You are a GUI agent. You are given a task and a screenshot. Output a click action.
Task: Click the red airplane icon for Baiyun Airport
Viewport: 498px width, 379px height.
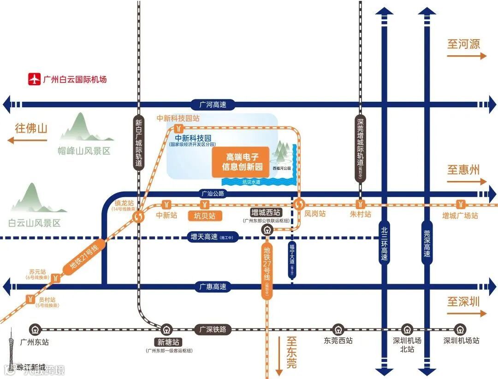34,79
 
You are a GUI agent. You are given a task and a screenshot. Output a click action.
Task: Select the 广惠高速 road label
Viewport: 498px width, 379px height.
213,286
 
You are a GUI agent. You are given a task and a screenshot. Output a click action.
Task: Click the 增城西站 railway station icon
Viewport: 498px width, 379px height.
267,229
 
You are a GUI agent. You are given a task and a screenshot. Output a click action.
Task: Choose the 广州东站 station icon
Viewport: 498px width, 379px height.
35,330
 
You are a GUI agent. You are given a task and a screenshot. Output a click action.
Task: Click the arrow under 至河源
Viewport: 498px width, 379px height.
467,56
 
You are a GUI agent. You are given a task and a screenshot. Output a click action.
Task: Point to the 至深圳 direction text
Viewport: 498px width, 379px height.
463,302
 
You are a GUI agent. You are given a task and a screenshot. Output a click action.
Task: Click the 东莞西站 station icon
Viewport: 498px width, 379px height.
338,330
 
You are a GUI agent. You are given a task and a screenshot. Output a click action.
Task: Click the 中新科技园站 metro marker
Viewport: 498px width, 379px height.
180,129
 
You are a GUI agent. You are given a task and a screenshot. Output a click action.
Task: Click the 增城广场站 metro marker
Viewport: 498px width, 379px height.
460,204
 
